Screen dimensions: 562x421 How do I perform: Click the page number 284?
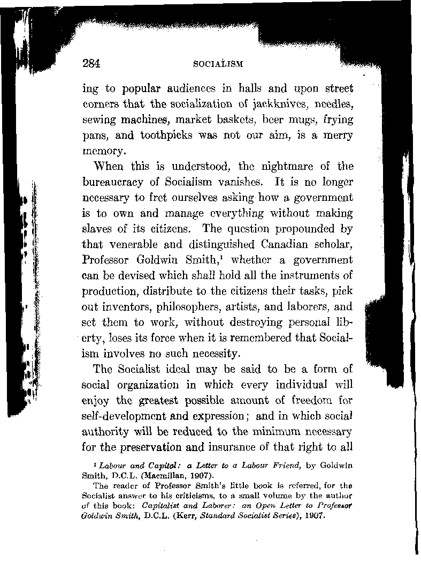tap(92, 63)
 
